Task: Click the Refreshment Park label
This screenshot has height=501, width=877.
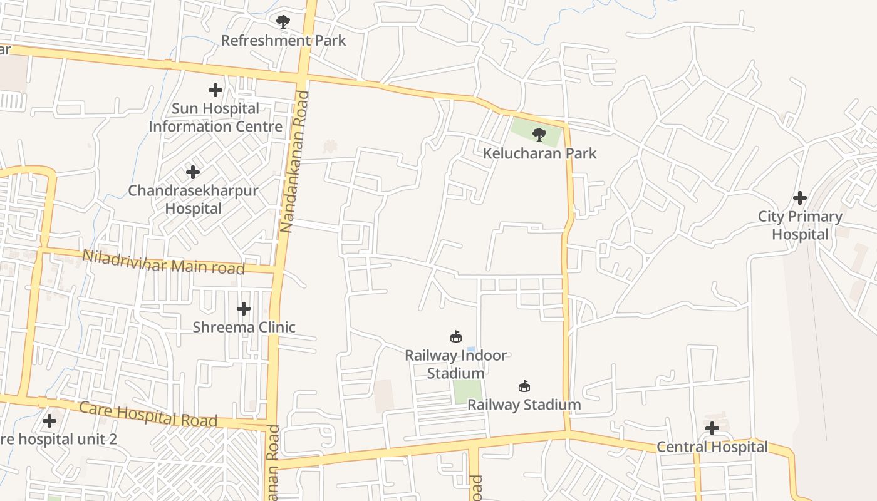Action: click(x=283, y=41)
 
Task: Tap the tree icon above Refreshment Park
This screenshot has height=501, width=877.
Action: click(x=283, y=22)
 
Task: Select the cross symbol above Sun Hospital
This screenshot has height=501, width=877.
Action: click(x=215, y=90)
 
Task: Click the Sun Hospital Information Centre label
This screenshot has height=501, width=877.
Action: click(x=215, y=118)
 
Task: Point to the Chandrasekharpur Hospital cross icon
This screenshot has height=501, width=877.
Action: click(x=193, y=172)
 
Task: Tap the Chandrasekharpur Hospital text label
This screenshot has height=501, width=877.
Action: click(x=193, y=199)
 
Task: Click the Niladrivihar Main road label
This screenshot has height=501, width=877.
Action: click(x=163, y=262)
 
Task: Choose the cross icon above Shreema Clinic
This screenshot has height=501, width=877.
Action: click(x=244, y=308)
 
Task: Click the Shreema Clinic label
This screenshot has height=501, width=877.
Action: click(x=244, y=327)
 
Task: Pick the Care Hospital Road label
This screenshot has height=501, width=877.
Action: click(x=148, y=415)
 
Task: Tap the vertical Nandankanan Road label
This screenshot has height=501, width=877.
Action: click(x=294, y=162)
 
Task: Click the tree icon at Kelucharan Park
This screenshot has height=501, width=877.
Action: click(x=539, y=134)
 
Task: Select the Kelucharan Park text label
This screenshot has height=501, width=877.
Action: click(x=539, y=153)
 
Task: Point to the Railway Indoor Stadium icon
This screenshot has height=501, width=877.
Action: click(x=456, y=337)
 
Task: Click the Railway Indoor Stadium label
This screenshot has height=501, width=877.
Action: click(x=456, y=364)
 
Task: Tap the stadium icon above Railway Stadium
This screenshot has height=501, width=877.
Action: click(x=524, y=386)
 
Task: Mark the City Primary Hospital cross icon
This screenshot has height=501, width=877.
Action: click(x=800, y=198)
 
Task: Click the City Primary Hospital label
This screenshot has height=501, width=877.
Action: click(x=800, y=225)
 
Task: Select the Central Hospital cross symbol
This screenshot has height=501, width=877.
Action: click(x=712, y=428)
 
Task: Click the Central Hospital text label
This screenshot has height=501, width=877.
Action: click(x=712, y=447)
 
